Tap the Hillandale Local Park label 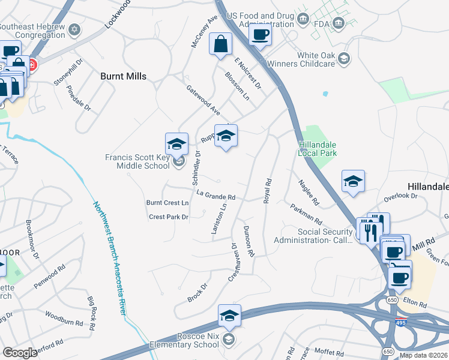click(318, 149)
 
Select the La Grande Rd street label click(215, 196)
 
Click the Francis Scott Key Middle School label click(137, 161)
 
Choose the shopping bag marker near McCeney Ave click(221, 44)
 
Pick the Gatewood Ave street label click(203, 101)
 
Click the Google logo click(20, 352)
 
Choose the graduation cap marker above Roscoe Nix click(229, 316)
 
